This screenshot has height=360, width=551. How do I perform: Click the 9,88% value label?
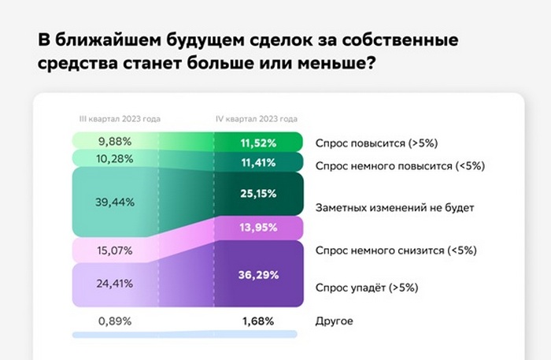tap(115, 142)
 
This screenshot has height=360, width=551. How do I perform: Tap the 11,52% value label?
tap(258, 143)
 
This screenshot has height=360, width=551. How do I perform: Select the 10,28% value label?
tap(115, 159)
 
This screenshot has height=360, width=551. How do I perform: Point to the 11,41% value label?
tap(258, 163)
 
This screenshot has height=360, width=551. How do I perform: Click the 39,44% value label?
tap(115, 202)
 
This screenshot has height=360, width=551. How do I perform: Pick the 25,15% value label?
tap(258, 194)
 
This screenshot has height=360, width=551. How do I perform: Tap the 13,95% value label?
tap(258, 228)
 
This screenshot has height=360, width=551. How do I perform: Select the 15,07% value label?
tap(115, 251)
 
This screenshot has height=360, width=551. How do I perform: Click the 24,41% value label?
tap(115, 284)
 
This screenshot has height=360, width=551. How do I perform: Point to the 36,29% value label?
tap(258, 275)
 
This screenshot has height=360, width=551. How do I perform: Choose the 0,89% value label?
tap(115, 321)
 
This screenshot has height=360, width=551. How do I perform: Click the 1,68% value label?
tap(258, 321)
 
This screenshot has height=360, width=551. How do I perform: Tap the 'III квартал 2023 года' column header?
tap(120, 119)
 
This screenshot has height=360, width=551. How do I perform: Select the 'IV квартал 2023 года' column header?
tap(257, 119)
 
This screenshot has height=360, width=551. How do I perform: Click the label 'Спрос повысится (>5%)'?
tap(377, 143)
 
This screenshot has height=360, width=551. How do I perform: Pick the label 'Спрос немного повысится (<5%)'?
tap(400, 166)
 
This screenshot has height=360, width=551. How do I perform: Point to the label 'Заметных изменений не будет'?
tap(395, 208)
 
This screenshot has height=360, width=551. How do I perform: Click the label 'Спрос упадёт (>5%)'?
tap(367, 288)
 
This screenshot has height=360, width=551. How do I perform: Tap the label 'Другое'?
tap(335, 321)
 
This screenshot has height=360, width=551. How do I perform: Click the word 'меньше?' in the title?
tap(337, 63)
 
